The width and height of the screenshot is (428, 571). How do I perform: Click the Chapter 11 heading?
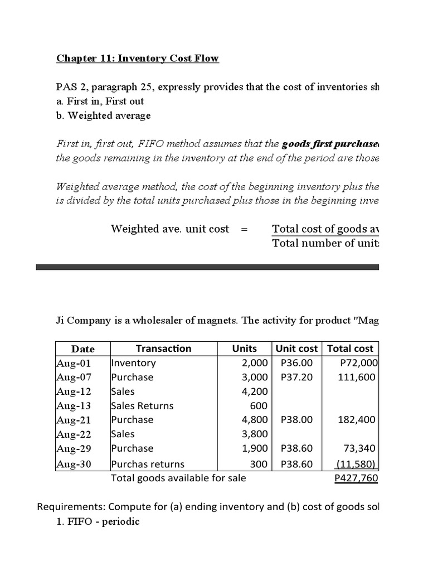138,59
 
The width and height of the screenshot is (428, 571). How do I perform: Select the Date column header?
83,349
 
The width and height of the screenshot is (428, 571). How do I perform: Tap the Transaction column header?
163,349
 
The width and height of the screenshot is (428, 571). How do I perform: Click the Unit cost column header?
296,349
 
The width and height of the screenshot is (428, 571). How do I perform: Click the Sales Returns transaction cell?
142,405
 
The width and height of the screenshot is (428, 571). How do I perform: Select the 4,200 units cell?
255,391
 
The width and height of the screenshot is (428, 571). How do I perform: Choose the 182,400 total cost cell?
357,420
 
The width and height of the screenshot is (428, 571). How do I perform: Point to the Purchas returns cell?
148,463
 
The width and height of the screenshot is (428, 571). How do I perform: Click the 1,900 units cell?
255,448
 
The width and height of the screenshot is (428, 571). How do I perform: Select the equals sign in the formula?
244,229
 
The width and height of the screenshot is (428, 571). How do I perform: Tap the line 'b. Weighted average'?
103,115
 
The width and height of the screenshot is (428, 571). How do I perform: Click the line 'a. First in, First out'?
100,101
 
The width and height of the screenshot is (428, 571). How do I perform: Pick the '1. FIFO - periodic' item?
98,522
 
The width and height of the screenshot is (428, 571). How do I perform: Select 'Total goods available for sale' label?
178,477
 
